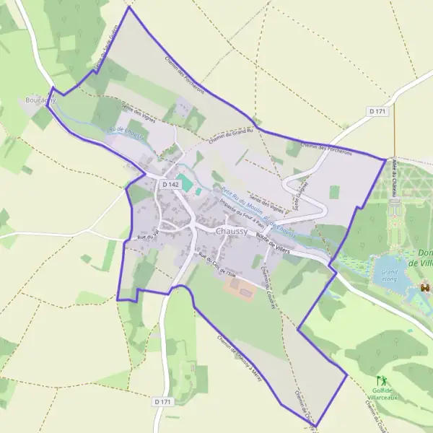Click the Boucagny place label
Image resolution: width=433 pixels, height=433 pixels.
pyautogui.click(x=40, y=99)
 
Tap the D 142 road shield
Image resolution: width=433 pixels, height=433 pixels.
pyautogui.click(x=170, y=185)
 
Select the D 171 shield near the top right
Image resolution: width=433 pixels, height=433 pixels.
pyautogui.click(x=377, y=111)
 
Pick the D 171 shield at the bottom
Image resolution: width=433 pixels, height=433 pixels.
pyautogui.click(x=163, y=401)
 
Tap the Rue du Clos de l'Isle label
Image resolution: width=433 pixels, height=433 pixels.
pyautogui.click(x=217, y=266)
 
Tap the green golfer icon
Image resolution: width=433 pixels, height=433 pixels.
pyautogui.click(x=382, y=380)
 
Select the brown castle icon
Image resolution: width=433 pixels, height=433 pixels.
pyautogui.click(x=425, y=288)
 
